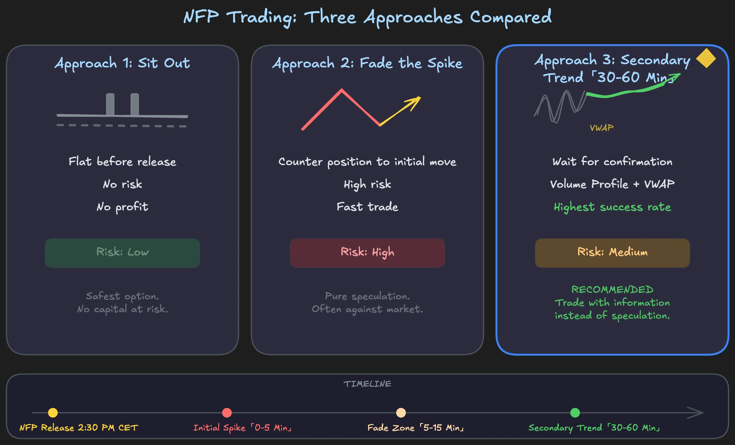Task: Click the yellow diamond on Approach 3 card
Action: (x=706, y=58)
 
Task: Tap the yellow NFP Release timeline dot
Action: (x=53, y=413)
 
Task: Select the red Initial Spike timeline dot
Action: (x=227, y=413)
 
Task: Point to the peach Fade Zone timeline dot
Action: (x=401, y=413)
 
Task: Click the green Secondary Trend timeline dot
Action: (x=575, y=413)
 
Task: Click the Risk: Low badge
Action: (x=122, y=253)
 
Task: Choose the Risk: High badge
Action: (x=367, y=253)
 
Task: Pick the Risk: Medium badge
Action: (x=612, y=253)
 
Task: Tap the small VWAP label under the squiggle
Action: (x=602, y=128)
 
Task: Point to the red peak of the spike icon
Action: (x=342, y=90)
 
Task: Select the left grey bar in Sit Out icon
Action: (x=110, y=104)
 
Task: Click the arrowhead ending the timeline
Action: (x=698, y=413)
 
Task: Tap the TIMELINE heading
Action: (x=367, y=384)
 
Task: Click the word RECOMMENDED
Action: (x=612, y=290)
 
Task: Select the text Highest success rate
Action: (x=612, y=207)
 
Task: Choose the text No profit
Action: (x=122, y=207)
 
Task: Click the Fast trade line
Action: (x=367, y=207)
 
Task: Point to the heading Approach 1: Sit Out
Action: (x=122, y=63)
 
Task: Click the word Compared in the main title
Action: (x=511, y=17)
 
